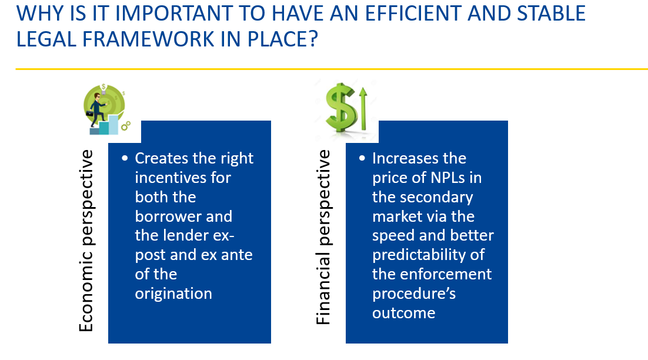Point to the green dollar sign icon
tap(341, 108)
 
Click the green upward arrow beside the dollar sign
tap(363, 108)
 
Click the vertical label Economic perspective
tap(86, 241)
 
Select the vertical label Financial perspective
tap(323, 237)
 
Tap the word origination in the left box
tap(173, 294)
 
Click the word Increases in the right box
tap(419, 158)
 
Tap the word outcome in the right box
tap(404, 313)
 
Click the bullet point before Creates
tap(125, 158)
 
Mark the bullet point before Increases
tap(362, 158)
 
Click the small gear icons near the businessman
tap(126, 125)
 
